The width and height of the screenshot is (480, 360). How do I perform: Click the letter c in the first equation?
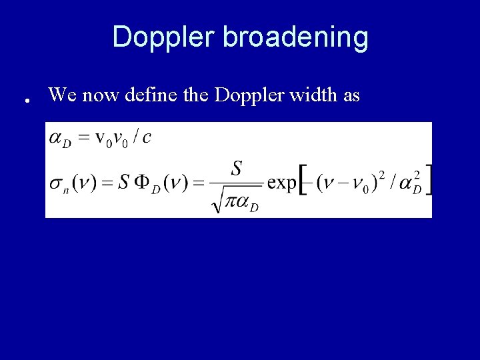(x=147, y=137)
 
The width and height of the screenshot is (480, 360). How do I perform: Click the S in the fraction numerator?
(x=236, y=169)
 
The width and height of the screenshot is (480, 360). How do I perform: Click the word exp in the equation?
(x=282, y=183)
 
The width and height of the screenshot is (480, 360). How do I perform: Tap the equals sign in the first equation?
(x=83, y=138)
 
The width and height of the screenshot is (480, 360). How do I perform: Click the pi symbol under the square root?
(x=233, y=201)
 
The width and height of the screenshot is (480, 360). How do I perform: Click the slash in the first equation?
(x=135, y=137)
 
